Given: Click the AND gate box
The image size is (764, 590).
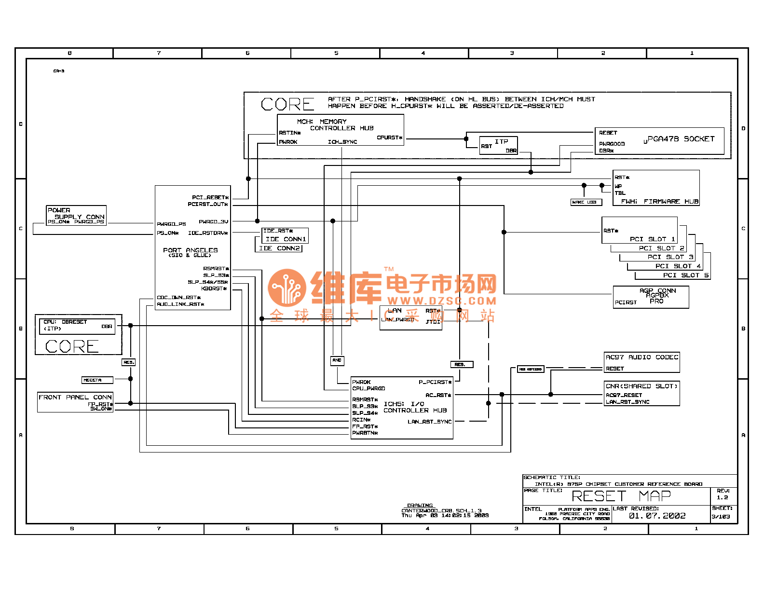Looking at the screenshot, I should click(x=337, y=360).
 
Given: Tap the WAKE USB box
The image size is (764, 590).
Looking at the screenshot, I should click(x=586, y=202).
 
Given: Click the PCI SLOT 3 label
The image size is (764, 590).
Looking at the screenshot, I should click(x=670, y=257).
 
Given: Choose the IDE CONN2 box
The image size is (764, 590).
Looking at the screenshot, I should click(x=279, y=248).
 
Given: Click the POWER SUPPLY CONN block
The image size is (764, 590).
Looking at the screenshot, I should click(x=76, y=216).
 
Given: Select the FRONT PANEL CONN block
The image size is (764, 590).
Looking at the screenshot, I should click(x=75, y=402).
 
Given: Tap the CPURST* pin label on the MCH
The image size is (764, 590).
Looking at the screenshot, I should click(x=389, y=138).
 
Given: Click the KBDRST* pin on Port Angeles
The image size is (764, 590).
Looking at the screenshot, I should click(x=214, y=288).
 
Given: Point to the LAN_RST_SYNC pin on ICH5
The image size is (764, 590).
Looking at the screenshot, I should click(x=429, y=422).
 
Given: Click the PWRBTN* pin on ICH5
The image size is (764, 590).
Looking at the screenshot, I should click(x=365, y=433).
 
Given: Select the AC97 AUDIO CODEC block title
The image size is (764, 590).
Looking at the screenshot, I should click(x=641, y=357).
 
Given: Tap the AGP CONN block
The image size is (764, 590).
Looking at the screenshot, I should click(x=651, y=297).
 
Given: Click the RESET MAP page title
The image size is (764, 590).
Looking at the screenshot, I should click(x=621, y=496).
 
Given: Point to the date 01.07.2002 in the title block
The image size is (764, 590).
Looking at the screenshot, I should click(x=657, y=516).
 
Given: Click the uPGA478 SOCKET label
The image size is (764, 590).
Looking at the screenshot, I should click(x=679, y=139).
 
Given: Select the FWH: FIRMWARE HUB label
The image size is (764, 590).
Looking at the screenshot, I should click(x=659, y=202).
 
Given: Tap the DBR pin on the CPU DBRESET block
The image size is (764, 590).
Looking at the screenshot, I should click(x=107, y=327).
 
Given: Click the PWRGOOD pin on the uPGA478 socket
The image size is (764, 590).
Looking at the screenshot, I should click(x=612, y=144).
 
